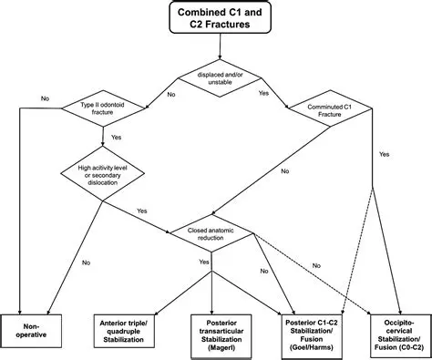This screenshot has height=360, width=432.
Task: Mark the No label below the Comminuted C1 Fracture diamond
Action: point(286,170)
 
